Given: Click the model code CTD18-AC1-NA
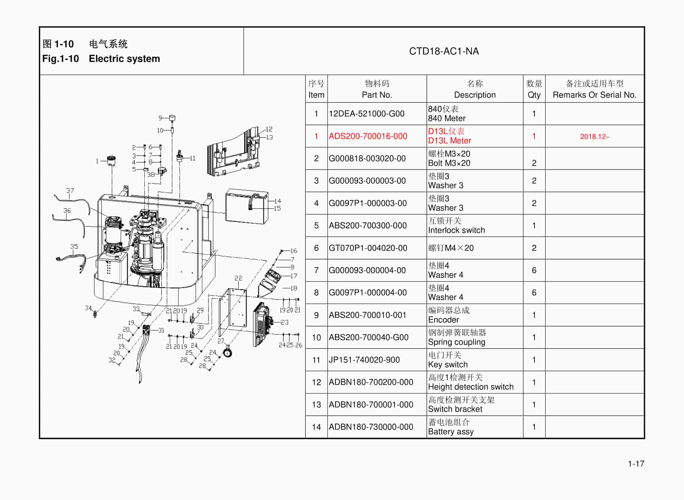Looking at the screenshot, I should (444, 51).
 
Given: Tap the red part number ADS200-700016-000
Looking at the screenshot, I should (368, 136).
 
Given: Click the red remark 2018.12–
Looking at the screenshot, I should (594, 136).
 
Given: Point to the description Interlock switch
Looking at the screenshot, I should (456, 230).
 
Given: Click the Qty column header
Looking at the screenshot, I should (534, 89).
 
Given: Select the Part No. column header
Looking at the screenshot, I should (377, 89).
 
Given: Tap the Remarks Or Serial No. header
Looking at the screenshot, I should (594, 95).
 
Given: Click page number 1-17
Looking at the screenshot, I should (636, 464).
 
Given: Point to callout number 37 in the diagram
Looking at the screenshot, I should (70, 190).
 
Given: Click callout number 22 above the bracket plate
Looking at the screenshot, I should (238, 278).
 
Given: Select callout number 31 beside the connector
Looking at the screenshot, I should (161, 330).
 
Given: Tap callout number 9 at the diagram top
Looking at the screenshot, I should (160, 118).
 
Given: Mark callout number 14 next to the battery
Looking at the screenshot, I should (278, 201).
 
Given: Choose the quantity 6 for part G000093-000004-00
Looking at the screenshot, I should (534, 270).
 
